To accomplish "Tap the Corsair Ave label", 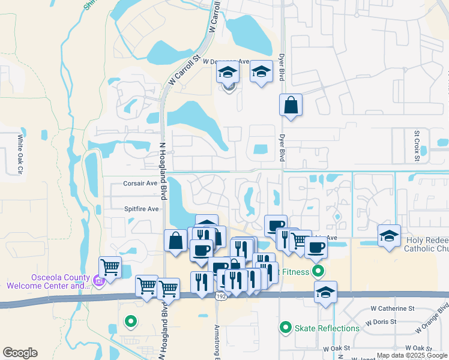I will click(140, 184).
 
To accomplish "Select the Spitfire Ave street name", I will click(141, 209).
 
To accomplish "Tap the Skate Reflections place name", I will click(327, 328).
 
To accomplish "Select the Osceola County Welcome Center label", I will click(47, 281).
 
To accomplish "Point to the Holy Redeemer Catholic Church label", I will click(427, 245).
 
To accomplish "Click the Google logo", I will click(20, 353).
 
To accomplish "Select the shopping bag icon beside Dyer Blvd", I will click(291, 106).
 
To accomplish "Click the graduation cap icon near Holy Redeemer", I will click(389, 236).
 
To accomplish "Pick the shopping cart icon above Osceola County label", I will click(110, 266).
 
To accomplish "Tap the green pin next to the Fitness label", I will click(319, 271).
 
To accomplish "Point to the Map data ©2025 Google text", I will click(412, 355).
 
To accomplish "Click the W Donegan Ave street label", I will click(226, 61).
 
